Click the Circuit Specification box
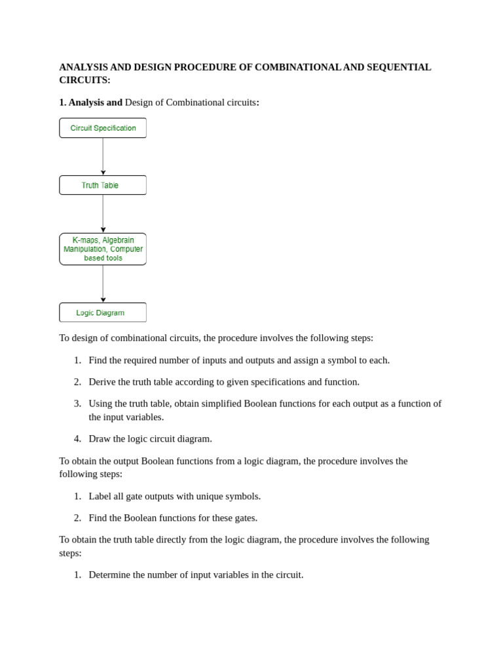point(103,128)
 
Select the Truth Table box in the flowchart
point(103,185)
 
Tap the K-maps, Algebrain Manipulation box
point(103,249)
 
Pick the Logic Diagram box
point(103,313)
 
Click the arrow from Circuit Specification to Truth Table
point(103,156)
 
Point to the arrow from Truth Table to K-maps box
point(103,214)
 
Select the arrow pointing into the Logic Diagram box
point(103,284)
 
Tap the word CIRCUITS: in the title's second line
point(84,80)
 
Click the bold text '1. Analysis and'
point(90,103)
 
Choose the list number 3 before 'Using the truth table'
point(77,404)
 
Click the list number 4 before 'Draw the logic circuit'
point(77,439)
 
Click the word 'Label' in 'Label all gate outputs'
point(101,497)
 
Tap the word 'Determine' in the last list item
point(111,575)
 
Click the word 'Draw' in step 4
point(100,439)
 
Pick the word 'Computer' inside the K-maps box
point(126,249)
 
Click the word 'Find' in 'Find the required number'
point(99,361)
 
